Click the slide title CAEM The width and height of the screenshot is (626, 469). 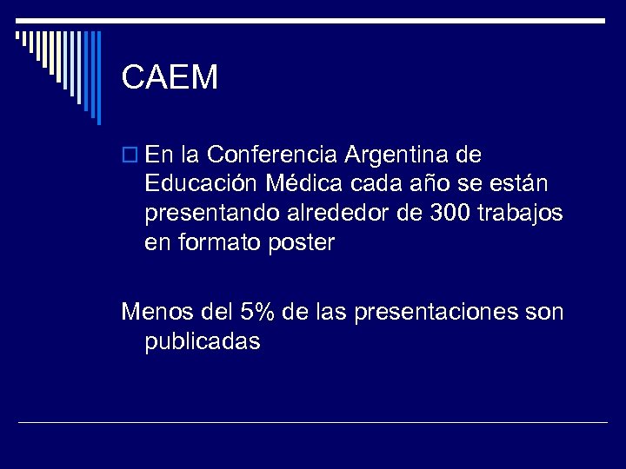[170, 78]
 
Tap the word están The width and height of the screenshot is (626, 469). [527, 184]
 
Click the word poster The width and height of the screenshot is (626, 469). [300, 243]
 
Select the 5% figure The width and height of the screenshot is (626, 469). [257, 310]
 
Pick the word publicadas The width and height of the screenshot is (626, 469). [203, 340]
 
